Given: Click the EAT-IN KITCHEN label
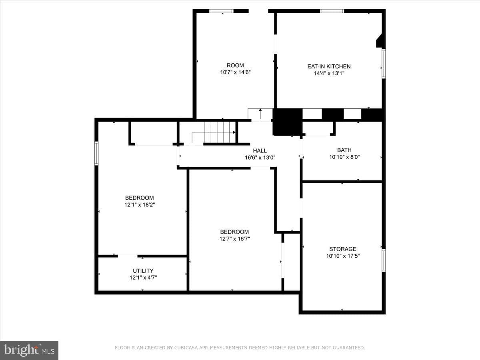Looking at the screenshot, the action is [329, 66].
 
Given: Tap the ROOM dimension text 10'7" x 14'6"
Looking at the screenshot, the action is [235, 72].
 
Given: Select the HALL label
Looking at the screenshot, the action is [260, 151].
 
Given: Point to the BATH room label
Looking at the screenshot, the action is [344, 150].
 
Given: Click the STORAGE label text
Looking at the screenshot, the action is [343, 249].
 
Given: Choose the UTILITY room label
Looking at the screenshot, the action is [143, 271].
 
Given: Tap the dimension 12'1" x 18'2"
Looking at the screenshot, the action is [140, 205].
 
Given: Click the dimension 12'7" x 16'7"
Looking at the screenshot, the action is [234, 239].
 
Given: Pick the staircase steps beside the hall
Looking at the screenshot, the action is [220, 132].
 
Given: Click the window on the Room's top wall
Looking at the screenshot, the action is [221, 11].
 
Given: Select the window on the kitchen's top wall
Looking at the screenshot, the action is [332, 11].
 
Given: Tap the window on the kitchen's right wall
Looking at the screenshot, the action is [384, 64].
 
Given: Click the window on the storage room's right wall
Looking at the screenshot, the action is [384, 260].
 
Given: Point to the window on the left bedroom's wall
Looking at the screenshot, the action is [96, 153].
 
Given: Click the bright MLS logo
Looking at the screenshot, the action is [29, 350].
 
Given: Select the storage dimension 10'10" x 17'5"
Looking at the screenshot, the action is [343, 256].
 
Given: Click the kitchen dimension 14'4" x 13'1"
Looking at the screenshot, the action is [329, 73].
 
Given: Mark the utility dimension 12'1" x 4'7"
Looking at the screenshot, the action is [143, 278].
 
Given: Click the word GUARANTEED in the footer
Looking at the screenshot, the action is [348, 348].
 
